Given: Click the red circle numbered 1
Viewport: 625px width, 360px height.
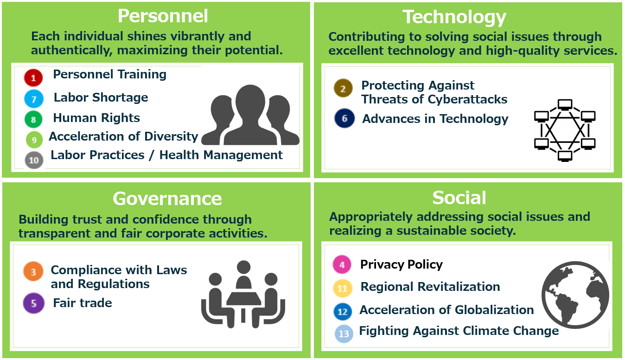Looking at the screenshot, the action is [33, 77].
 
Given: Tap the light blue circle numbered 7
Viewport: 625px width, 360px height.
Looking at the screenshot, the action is [34, 99].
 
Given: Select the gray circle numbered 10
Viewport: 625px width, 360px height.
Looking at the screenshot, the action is [34, 160].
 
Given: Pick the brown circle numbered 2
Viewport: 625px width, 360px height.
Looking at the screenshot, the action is [343, 88].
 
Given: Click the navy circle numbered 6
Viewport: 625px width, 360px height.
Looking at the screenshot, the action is [344, 118].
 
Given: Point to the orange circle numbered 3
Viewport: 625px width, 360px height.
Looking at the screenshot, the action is [33, 271].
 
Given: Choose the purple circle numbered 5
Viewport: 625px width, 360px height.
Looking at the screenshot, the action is [33, 303].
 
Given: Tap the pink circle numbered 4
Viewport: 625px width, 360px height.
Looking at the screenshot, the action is [342, 264].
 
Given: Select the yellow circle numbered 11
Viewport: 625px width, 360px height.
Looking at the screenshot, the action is [342, 288].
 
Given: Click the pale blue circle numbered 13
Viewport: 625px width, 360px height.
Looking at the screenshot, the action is [344, 334].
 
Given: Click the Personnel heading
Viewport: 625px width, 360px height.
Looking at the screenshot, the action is [163, 16].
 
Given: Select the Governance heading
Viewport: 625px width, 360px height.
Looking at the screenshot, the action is [167, 199].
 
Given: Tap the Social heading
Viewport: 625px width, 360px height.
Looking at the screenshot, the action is [459, 198].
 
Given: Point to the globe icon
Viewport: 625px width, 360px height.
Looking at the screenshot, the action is [575, 295].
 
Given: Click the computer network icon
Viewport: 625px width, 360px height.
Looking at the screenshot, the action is [565, 130].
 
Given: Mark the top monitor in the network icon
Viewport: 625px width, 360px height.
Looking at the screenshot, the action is [565, 105].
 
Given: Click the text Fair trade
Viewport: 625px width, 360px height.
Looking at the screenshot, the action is [83, 303].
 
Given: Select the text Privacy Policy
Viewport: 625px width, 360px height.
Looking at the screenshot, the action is [401, 264].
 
